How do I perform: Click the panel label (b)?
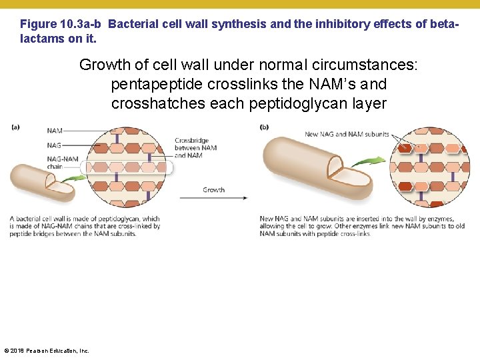(x=265, y=127)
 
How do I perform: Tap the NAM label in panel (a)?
(x=55, y=131)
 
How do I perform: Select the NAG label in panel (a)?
(x=55, y=145)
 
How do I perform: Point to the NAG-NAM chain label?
(x=63, y=163)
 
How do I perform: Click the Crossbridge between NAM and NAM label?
(x=196, y=148)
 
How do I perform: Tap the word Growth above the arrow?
(x=214, y=190)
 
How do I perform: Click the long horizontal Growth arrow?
(x=223, y=198)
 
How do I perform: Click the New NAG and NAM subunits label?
(x=347, y=134)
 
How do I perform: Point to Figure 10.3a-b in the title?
(x=61, y=24)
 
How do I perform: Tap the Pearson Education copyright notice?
(x=46, y=351)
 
